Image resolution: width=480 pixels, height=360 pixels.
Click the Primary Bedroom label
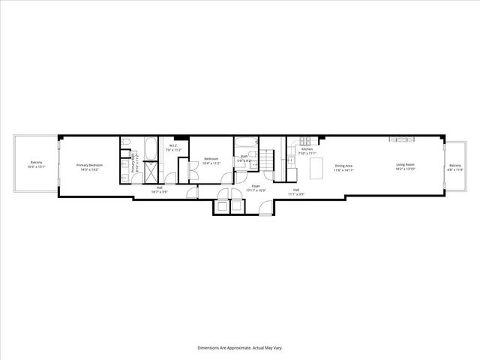89,167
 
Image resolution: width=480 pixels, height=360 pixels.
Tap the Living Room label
405,167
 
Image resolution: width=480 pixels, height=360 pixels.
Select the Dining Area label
344,167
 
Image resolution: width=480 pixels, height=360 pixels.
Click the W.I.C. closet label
172,148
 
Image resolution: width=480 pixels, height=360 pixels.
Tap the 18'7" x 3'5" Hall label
160,190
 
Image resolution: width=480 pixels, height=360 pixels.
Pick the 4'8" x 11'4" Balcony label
455,167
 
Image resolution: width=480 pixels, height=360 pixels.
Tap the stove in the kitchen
306,141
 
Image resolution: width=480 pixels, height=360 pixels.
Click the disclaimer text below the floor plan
239,347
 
